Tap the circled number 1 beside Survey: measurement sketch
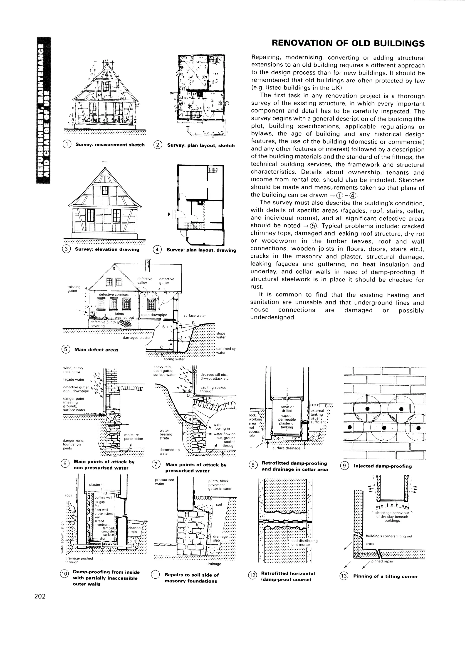(x=67, y=144)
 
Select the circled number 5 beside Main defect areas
(x=65, y=349)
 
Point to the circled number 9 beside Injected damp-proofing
(x=344, y=466)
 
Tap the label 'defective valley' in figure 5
(x=145, y=281)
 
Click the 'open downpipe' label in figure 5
(x=154, y=315)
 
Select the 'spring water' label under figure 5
(x=174, y=359)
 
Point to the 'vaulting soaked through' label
(x=213, y=389)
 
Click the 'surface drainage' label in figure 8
(x=286, y=448)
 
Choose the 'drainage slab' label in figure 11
(x=220, y=538)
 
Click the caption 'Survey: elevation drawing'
(x=107, y=249)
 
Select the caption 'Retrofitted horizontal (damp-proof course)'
(x=288, y=576)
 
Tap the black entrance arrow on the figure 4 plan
(x=169, y=214)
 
